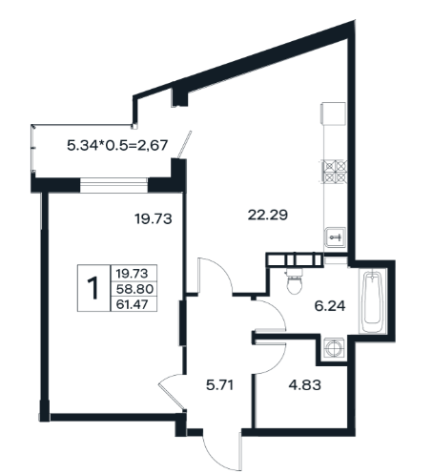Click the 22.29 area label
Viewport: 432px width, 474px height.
point(268,216)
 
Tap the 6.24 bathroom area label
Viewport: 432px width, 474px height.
point(330,306)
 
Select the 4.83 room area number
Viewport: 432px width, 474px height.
point(304,385)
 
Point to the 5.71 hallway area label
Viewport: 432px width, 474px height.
point(219,385)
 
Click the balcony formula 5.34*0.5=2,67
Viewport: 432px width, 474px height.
point(117,145)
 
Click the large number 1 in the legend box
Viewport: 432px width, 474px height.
point(93,288)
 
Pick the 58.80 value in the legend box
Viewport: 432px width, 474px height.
point(134,289)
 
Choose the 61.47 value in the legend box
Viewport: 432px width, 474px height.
point(133,304)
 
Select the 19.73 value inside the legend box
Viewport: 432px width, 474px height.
point(133,273)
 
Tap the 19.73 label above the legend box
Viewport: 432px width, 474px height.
point(154,218)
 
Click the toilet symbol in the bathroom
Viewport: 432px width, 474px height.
point(295,280)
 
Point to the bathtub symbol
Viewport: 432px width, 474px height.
point(373,300)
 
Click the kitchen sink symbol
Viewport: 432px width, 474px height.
point(335,237)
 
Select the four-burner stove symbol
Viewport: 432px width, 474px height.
point(335,172)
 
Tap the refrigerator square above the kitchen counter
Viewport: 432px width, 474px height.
point(334,113)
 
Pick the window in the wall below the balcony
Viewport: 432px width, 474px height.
point(113,185)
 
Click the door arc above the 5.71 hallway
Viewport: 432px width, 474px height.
point(219,269)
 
